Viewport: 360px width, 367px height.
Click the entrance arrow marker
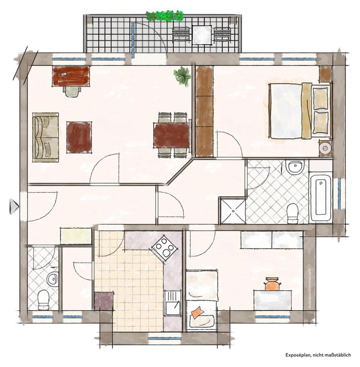(x=14, y=206)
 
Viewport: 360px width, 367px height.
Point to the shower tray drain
(x=233, y=211)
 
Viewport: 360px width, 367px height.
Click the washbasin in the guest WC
(x=52, y=279)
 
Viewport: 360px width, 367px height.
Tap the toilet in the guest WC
(x=43, y=300)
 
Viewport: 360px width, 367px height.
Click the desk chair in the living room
(x=72, y=91)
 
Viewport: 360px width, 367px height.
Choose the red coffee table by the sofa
(x=79, y=137)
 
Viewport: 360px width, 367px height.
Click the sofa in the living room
(x=46, y=137)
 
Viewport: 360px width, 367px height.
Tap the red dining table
(x=172, y=135)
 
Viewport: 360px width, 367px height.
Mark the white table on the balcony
(x=202, y=35)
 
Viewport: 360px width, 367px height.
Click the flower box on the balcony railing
(x=165, y=16)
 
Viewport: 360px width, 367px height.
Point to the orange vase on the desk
(x=272, y=284)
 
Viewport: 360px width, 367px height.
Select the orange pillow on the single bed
(x=197, y=312)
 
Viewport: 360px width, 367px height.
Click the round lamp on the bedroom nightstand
(x=325, y=148)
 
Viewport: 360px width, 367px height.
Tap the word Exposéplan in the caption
(x=298, y=355)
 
